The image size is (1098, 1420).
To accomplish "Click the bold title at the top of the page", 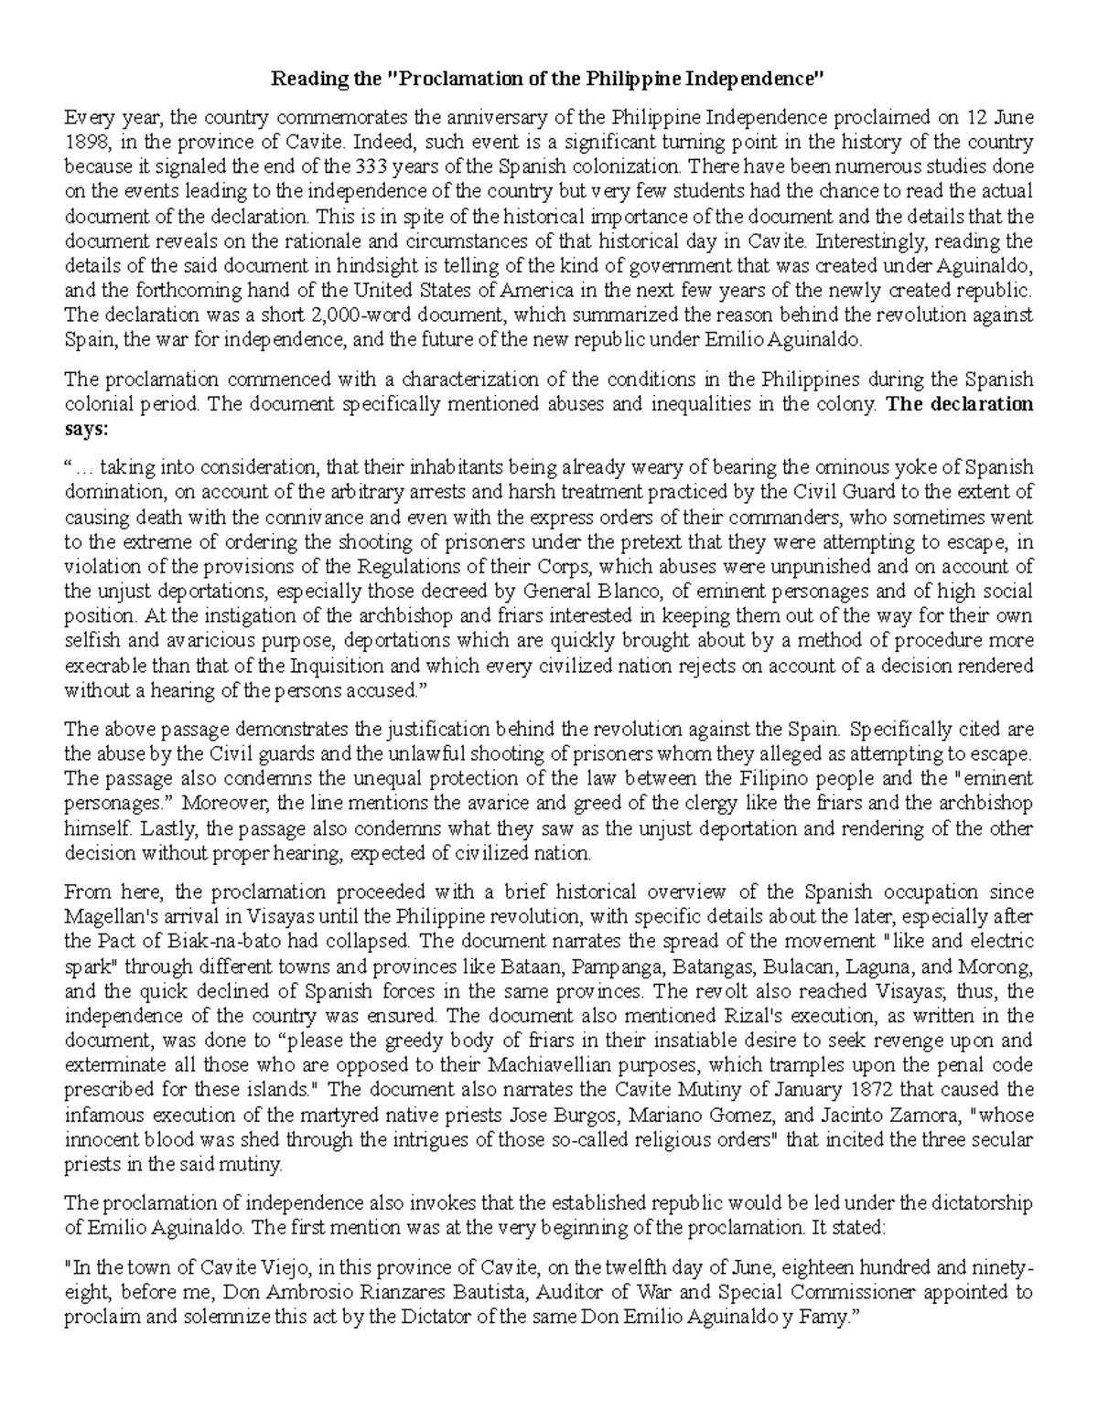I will [x=547, y=79].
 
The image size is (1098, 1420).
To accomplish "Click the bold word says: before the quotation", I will [x=83, y=429].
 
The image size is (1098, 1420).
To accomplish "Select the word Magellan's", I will [x=104, y=916].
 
